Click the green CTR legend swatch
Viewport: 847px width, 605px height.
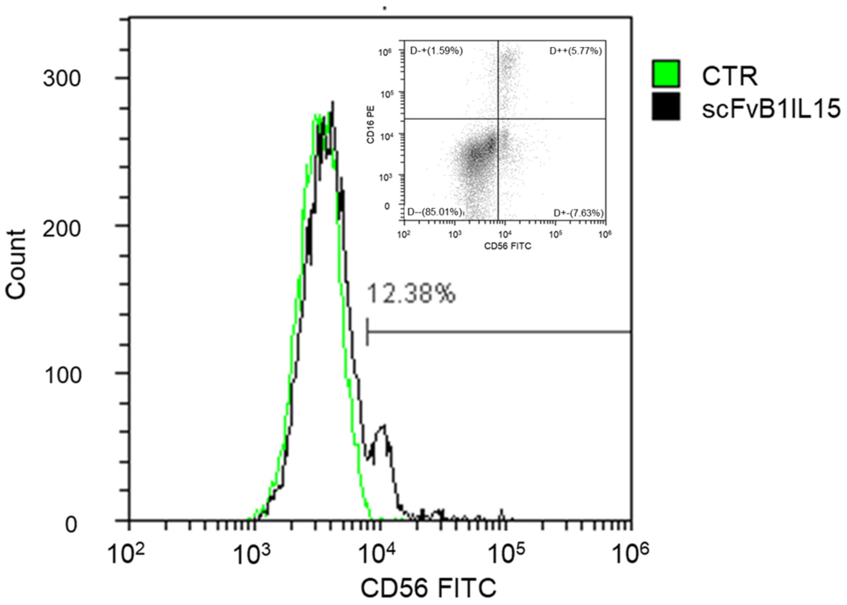(666, 73)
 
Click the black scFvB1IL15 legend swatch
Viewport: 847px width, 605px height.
(666, 106)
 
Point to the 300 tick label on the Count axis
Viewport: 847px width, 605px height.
(62, 79)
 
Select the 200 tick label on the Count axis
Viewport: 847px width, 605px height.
(62, 229)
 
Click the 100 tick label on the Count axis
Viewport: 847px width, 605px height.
(62, 375)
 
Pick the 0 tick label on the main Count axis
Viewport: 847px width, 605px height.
(71, 525)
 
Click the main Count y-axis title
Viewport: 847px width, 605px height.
(17, 264)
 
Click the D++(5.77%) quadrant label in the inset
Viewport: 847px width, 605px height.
(575, 51)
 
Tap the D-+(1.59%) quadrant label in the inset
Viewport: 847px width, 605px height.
(436, 51)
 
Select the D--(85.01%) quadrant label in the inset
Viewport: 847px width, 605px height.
(435, 212)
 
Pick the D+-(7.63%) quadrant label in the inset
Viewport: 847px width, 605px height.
(578, 213)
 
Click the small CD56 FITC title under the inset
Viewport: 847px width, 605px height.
(507, 246)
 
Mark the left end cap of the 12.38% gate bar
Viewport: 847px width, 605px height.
(367, 332)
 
